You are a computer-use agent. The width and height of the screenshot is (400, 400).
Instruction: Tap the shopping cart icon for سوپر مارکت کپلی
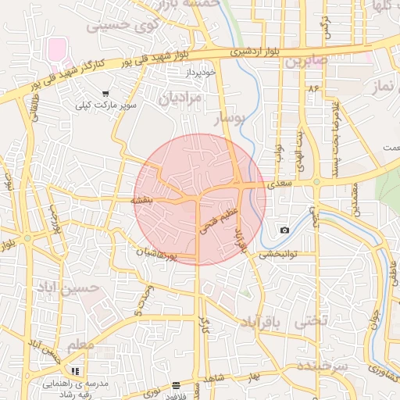105,94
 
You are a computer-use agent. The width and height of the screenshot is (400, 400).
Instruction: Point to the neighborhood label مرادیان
180,98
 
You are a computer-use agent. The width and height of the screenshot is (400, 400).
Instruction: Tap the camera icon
284,230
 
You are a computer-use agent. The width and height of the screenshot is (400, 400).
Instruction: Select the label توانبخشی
278,253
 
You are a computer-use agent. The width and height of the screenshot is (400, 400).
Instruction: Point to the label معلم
80,345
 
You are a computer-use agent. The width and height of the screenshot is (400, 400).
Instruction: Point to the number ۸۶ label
314,89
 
